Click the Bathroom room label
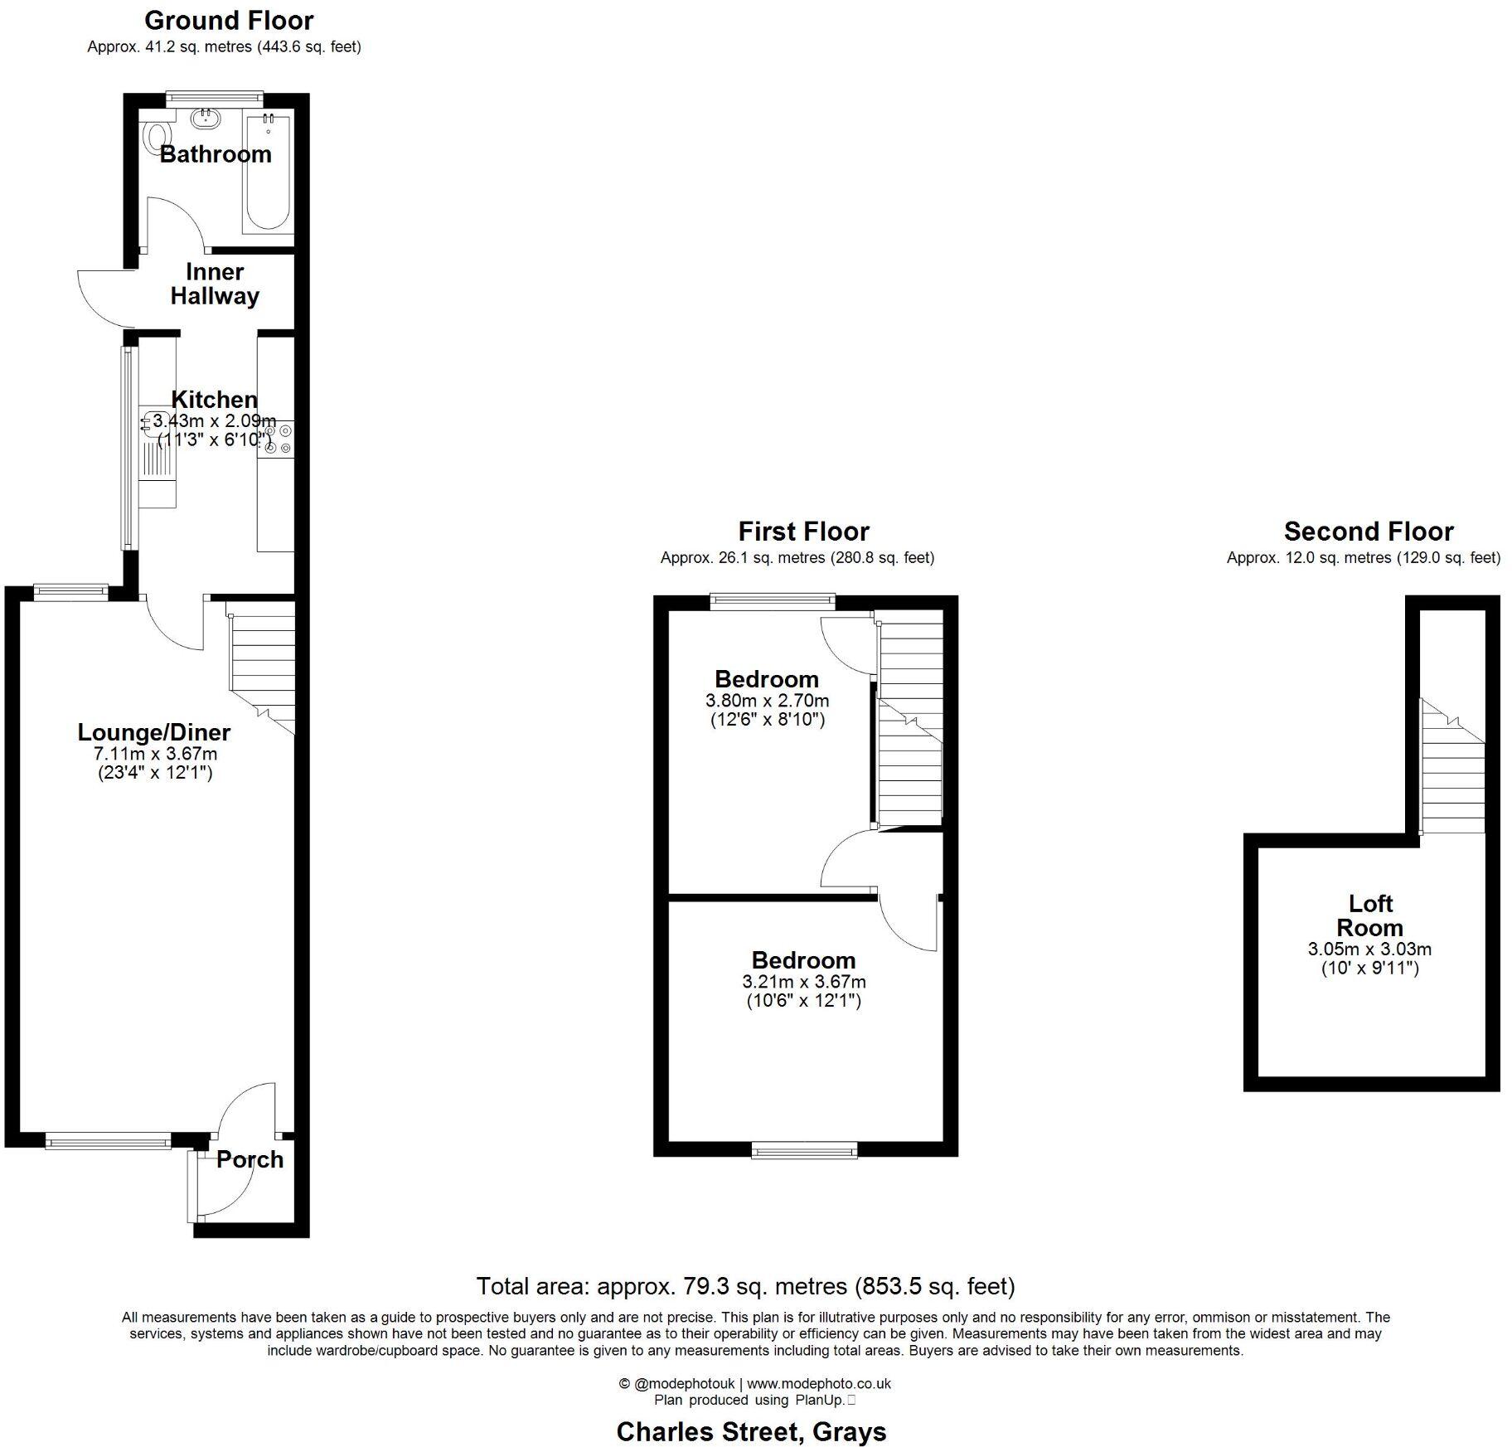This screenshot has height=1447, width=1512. pyautogui.click(x=216, y=154)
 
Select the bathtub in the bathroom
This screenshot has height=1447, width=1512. pyautogui.click(x=268, y=173)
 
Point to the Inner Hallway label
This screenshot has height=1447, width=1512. pyautogui.click(x=215, y=284)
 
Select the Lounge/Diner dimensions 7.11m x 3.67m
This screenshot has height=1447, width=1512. pyautogui.click(x=155, y=754)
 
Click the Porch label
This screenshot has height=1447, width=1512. pyautogui.click(x=250, y=1159)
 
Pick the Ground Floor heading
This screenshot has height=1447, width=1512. pyautogui.click(x=229, y=20)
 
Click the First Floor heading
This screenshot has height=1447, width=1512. pyautogui.click(x=803, y=531)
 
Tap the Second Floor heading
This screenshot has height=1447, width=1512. pyautogui.click(x=1369, y=531)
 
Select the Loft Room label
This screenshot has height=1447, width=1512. pyautogui.click(x=1369, y=915)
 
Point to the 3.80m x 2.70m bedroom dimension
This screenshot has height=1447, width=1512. pyautogui.click(x=767, y=701)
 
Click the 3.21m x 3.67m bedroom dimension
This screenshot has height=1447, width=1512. pyautogui.click(x=803, y=982)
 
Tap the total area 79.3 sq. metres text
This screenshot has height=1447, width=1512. pyautogui.click(x=745, y=1286)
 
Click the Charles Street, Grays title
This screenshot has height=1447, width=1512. pyautogui.click(x=751, y=1431)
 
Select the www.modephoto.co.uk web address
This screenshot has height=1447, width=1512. pyautogui.click(x=818, y=1383)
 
